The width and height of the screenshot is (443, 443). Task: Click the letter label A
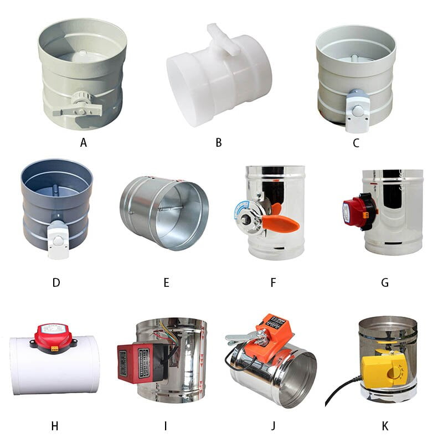84,143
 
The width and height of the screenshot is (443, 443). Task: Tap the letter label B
219,143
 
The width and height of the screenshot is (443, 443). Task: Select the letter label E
166,282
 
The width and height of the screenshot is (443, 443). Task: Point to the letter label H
54,426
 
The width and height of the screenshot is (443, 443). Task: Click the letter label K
385,426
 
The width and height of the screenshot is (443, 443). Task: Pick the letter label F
273,282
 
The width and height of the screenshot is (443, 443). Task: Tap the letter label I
165,426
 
